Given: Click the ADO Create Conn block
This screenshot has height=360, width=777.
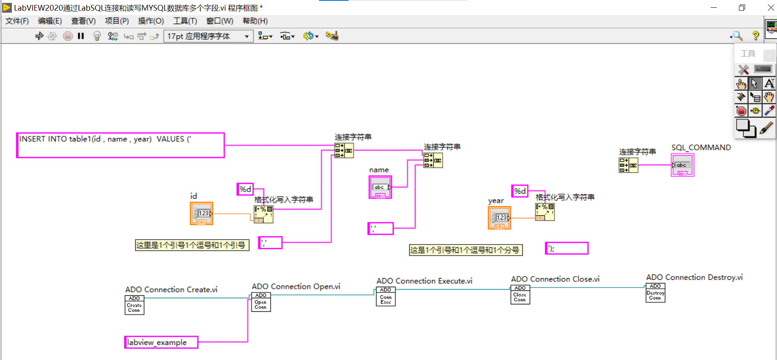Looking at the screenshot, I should (134, 305).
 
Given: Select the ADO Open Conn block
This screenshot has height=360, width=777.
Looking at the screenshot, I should (261, 302).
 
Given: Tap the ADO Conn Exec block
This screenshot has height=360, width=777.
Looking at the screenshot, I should (385, 297).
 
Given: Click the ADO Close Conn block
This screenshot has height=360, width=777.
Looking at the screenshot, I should (520, 294).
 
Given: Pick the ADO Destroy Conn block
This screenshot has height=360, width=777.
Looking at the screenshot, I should (655, 293).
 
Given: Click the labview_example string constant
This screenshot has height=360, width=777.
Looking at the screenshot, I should (161, 342).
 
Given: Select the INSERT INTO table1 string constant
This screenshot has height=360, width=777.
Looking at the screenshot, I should (120, 145).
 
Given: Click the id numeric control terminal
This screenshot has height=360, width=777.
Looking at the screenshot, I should (202, 213).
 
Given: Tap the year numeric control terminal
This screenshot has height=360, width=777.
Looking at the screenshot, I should (499, 218).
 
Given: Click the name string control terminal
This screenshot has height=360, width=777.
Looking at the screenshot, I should (380, 187).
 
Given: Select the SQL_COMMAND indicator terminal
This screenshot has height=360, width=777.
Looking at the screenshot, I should (682, 165).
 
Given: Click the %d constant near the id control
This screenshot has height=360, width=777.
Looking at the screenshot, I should (245, 189).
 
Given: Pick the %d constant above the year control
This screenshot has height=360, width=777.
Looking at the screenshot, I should (520, 191).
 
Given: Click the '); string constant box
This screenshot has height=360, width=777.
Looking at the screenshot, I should (567, 248).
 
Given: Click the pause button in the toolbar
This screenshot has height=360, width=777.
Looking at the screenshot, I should (81, 36).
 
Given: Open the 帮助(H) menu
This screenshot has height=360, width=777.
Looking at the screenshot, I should (255, 21).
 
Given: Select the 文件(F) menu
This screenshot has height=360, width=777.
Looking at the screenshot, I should (17, 21).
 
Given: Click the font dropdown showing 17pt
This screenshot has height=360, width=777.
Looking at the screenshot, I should (208, 36).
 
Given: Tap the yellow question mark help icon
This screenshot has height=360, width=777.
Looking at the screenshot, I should (755, 36).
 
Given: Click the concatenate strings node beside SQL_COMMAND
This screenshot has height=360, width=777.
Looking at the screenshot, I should (628, 165).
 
